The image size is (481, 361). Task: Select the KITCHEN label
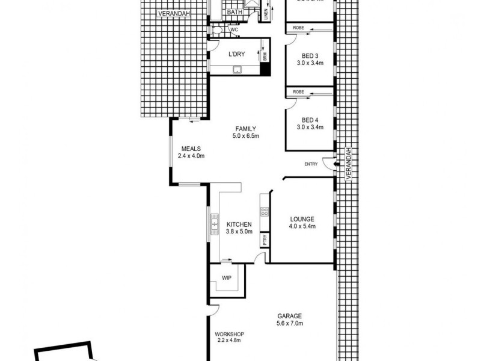click(x=239, y=224)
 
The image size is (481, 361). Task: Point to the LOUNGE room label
click(x=301, y=220)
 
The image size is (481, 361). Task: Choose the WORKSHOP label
click(x=228, y=333)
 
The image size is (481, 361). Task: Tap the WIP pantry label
click(x=227, y=279)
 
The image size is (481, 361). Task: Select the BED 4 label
click(x=310, y=120)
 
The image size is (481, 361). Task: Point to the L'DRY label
click(x=236, y=54)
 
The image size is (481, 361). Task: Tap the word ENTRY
click(x=311, y=164)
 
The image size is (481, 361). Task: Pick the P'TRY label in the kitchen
click(x=264, y=239)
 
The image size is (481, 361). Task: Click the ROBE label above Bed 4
click(x=298, y=91)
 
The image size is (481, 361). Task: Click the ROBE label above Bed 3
click(x=298, y=27)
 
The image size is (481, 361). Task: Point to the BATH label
click(x=235, y=11)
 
